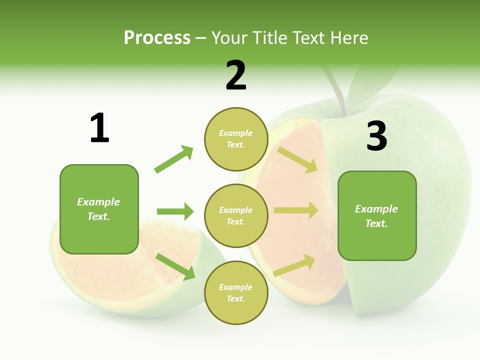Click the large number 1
(x=99, y=128)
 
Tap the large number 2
(x=235, y=75)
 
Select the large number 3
(x=376, y=136)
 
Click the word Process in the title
(x=157, y=37)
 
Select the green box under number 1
(x=99, y=209)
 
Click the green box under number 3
(x=377, y=215)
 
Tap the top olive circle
(x=236, y=139)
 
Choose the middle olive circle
(x=236, y=215)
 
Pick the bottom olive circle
(x=236, y=292)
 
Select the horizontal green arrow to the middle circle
(x=175, y=211)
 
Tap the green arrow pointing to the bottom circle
(x=175, y=266)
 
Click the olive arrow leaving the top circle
(x=297, y=159)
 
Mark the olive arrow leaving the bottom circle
(x=294, y=265)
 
